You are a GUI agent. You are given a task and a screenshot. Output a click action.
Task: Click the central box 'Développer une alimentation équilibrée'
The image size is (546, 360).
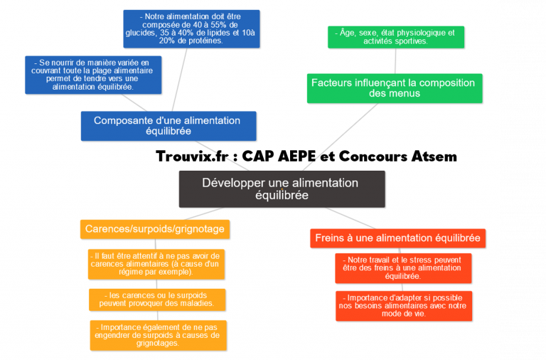(282, 189)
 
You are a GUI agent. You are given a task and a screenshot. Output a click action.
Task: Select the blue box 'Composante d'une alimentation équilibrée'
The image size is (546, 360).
(168, 126)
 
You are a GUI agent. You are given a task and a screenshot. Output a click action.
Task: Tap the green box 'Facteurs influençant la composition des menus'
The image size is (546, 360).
(395, 88)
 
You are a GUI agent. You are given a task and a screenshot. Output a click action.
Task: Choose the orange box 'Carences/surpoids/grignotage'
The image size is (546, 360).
(155, 229)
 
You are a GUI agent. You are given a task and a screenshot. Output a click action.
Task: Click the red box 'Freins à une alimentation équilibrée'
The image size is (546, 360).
(398, 238)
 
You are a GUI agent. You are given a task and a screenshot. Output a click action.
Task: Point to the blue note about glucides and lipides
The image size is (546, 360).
(191, 28)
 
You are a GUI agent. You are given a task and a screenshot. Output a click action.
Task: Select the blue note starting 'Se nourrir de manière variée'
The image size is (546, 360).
(93, 75)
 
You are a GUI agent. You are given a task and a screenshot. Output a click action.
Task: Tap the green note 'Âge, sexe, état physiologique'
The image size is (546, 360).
(395, 37)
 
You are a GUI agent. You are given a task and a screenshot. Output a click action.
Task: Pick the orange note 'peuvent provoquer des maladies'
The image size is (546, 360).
(157, 299)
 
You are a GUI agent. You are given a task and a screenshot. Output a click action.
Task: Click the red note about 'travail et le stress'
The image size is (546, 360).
(402, 268)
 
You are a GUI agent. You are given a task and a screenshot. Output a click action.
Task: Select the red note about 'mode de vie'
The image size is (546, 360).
(403, 305)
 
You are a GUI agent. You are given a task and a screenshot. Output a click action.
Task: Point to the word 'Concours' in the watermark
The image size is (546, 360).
(373, 156)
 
